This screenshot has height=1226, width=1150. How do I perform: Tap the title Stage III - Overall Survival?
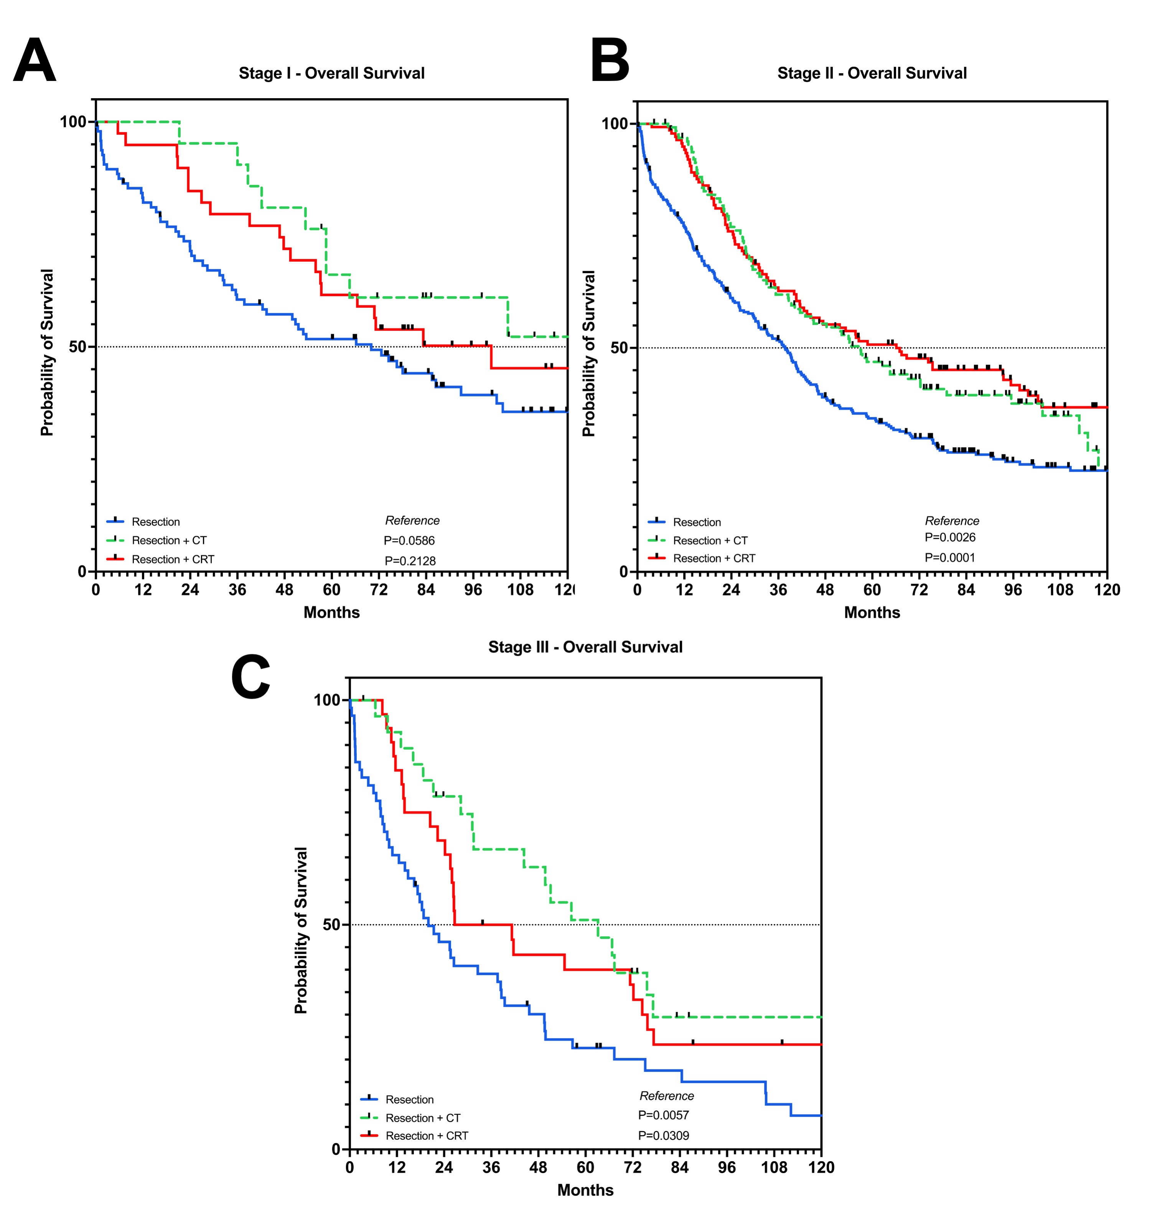585,647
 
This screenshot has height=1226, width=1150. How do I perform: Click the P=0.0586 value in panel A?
409,541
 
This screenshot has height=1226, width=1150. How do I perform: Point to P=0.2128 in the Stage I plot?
410,561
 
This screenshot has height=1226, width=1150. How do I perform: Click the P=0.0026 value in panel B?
950,538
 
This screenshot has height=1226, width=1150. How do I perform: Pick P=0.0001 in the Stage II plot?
950,558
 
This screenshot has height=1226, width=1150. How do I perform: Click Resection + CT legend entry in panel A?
169,541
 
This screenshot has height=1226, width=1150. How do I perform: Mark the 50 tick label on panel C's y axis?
332,924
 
